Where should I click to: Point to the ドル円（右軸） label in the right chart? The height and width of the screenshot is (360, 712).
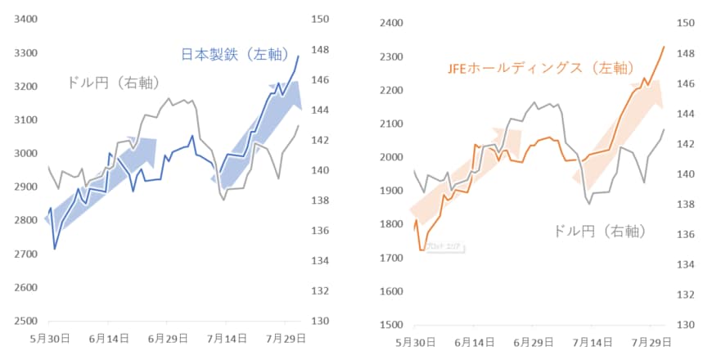tap(599, 232)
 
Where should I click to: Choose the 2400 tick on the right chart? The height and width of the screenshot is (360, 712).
tap(392, 23)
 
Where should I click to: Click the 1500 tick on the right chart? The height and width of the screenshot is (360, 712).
tap(392, 325)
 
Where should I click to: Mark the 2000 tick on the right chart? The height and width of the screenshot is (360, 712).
tap(392, 157)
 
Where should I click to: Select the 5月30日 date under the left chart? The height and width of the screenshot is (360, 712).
tap(50, 337)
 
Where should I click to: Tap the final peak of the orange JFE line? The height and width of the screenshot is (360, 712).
tap(664, 47)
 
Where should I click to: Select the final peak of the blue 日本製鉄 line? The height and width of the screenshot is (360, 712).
tap(299, 56)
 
